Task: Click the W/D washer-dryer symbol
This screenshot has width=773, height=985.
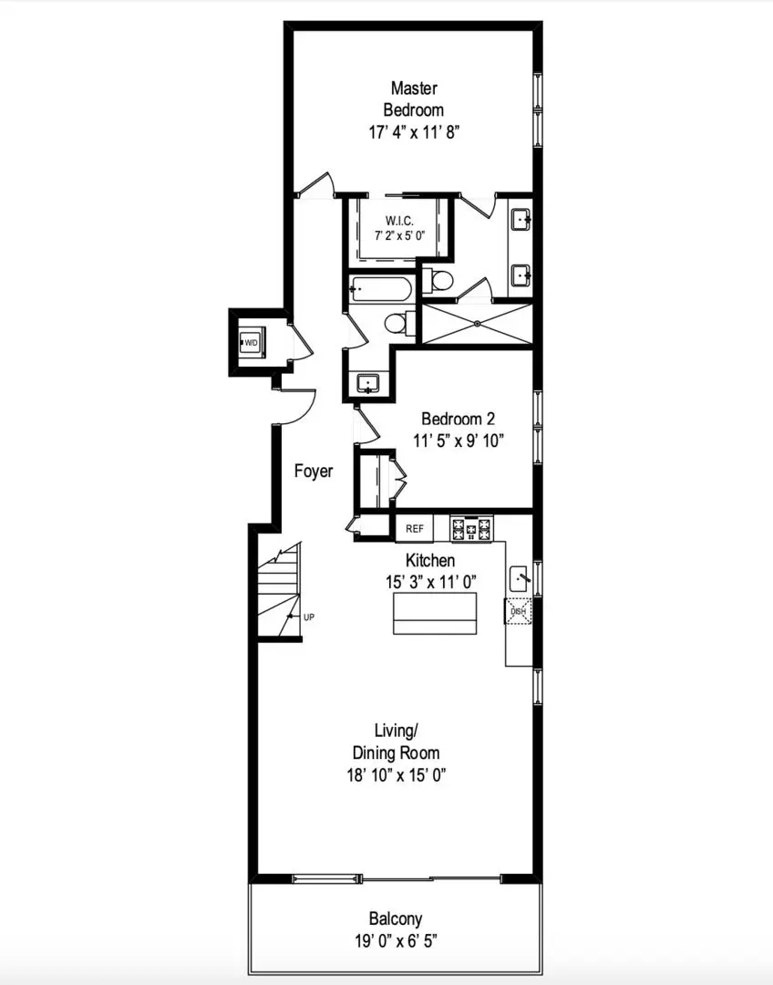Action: [x=253, y=342]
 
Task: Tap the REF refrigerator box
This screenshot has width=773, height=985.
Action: [x=415, y=528]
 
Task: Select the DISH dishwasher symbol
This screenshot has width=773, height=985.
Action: [x=518, y=610]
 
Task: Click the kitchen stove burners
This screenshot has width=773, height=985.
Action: [x=472, y=528]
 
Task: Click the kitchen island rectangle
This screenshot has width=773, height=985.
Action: [x=435, y=613]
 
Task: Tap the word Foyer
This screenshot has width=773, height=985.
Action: [x=314, y=472]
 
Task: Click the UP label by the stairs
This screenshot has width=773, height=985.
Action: [x=309, y=617]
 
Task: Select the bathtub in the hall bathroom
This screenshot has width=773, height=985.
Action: [x=380, y=290]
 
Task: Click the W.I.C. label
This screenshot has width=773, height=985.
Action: [x=399, y=221]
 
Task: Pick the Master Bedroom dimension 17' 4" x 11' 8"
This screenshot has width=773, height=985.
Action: [x=415, y=132]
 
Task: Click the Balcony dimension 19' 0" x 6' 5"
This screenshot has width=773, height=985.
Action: [x=395, y=941]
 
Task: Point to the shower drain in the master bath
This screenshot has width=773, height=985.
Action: [x=478, y=324]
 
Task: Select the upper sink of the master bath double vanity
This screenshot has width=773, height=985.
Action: [x=521, y=221]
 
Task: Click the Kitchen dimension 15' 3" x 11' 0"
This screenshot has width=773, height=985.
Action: [x=431, y=582]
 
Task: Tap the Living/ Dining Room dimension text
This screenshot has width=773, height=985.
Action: [x=397, y=775]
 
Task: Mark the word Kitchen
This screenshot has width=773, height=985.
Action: [x=430, y=560]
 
